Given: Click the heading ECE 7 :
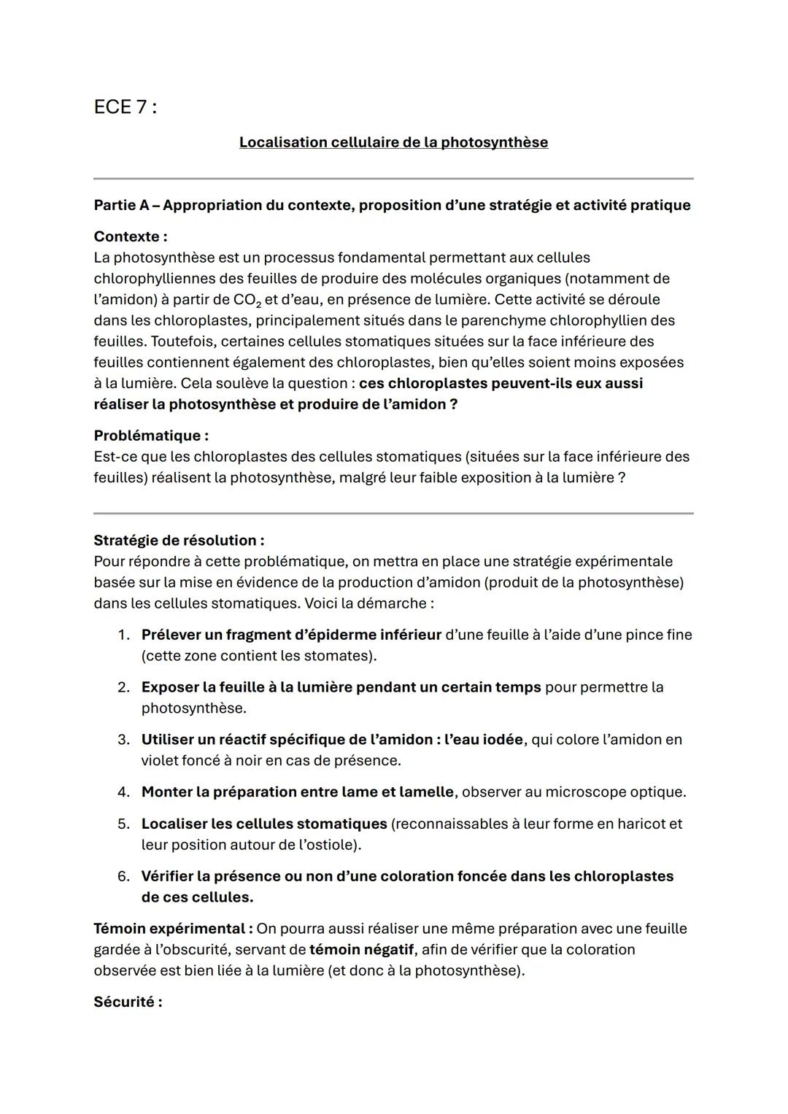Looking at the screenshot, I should click(125, 107).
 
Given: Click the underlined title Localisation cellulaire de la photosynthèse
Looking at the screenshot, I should click(393, 142).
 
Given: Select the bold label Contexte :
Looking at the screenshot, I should click(130, 236).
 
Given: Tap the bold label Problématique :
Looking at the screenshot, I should click(151, 436).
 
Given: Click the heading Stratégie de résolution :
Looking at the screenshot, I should click(179, 541).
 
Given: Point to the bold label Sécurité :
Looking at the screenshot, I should click(128, 1002).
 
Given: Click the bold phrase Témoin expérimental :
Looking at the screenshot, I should click(173, 929).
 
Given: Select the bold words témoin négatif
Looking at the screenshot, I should click(360, 950).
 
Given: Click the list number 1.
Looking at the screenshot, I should click(123, 635).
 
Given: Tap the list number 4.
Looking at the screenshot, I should click(123, 792).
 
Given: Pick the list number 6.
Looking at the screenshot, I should click(123, 876).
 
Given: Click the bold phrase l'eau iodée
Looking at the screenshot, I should click(483, 740).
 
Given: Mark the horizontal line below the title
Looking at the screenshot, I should click(393, 178).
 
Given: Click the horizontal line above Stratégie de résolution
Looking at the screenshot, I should click(393, 513).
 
